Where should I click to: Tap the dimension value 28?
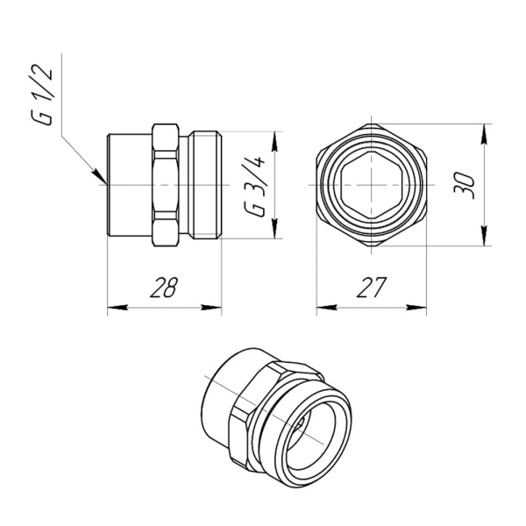tap(164, 287)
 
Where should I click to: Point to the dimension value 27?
tap(372, 287)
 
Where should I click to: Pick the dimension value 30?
tap(467, 185)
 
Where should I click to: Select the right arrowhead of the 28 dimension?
tap(214, 307)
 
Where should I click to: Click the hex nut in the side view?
tap(167, 185)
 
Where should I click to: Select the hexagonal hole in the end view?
tap(372, 185)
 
